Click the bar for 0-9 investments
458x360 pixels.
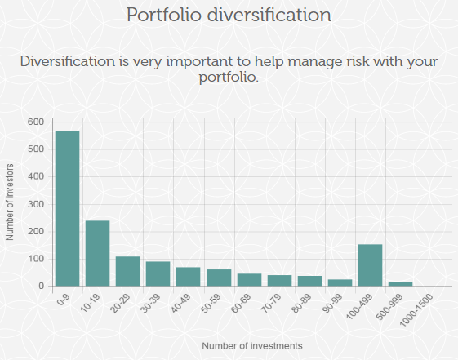point(67,208)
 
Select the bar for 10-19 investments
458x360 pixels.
point(97,253)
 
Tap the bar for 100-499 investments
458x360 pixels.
point(370,265)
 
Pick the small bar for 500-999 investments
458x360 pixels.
point(401,284)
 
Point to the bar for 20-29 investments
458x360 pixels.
point(127,271)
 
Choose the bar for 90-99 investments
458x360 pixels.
point(340,282)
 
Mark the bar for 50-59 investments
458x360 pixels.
point(219,278)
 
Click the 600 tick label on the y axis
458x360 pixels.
point(36,122)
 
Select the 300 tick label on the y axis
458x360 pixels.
point(36,204)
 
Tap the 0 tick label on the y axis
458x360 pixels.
point(41,287)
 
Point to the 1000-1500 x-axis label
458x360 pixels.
point(416,310)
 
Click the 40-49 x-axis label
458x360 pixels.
point(180,304)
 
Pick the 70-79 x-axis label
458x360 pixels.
point(271,304)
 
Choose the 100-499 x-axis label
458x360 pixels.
point(359,307)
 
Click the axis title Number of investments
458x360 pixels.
point(252,346)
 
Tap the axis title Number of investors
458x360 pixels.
point(10,202)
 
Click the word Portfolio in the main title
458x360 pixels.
point(164,15)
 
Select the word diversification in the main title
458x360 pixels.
point(269,15)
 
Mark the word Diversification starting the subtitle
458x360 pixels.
point(68,61)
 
